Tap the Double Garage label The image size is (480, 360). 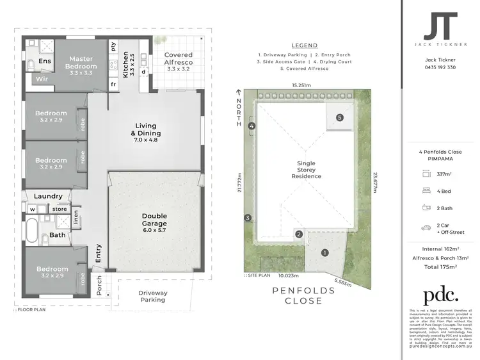tap(154, 220)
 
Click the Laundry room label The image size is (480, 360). tap(49, 196)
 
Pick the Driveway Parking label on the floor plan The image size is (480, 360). tap(153, 295)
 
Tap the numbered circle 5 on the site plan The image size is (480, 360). tap(340, 118)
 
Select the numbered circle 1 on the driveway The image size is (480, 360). tap(324, 252)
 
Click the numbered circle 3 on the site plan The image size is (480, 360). tap(247, 218)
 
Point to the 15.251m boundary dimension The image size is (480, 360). tap(301, 85)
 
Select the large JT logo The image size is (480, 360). tap(440, 27)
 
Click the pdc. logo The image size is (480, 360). tap(440, 295)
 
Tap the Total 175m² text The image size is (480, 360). tap(440, 266)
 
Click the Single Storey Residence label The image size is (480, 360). tap(305, 170)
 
